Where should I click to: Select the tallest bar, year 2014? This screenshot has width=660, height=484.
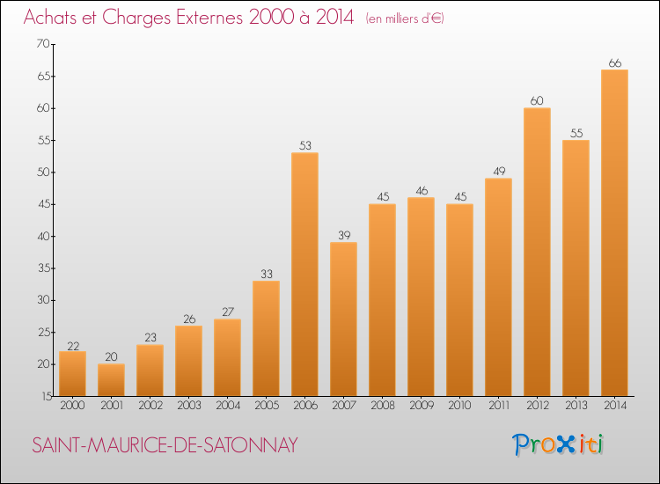(x=614, y=233)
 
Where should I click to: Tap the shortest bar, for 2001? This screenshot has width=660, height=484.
(x=111, y=380)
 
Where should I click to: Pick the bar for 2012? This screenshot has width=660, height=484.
(x=537, y=252)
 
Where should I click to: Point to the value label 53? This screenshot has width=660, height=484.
(x=304, y=146)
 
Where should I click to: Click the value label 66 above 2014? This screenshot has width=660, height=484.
(x=614, y=63)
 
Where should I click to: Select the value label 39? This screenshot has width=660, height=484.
(x=343, y=236)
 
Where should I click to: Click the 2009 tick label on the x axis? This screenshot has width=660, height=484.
(x=421, y=406)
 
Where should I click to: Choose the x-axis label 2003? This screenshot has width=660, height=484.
(x=188, y=406)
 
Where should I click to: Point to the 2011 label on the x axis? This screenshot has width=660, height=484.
(x=498, y=406)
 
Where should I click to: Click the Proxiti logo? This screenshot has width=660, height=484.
(x=559, y=444)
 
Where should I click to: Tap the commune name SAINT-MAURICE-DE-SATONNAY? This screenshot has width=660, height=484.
(x=165, y=445)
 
